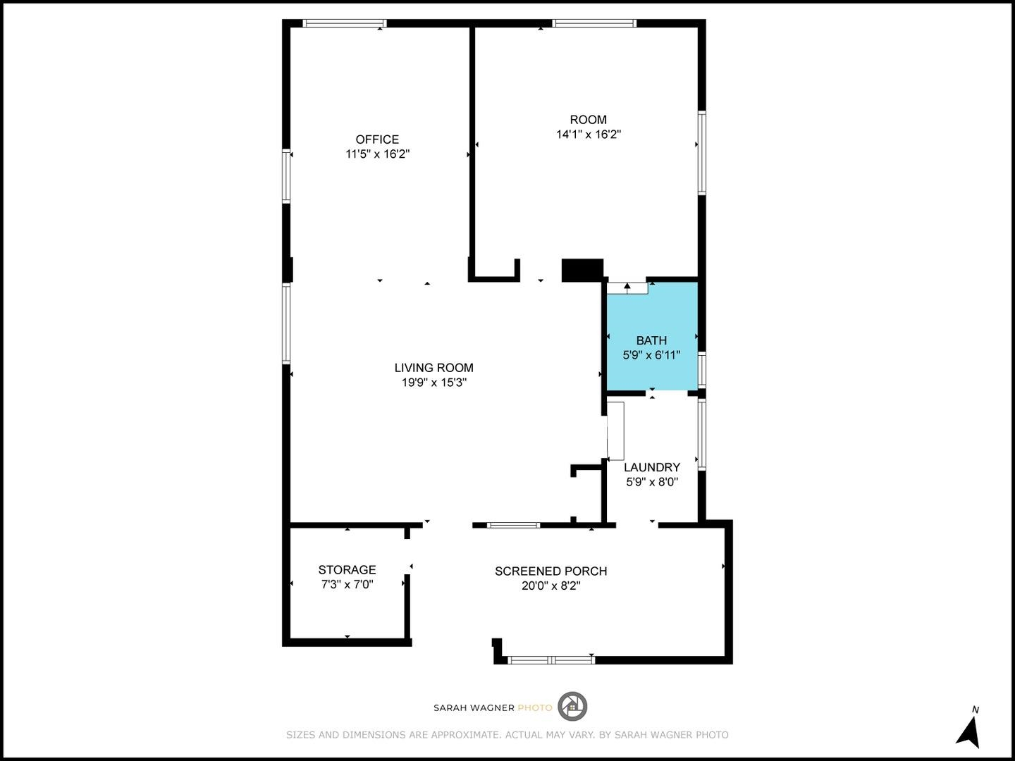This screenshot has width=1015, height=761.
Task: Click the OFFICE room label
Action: click(x=377, y=140)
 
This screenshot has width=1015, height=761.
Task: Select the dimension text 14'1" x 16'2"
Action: click(x=588, y=135)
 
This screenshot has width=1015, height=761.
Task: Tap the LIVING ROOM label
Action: click(x=433, y=368)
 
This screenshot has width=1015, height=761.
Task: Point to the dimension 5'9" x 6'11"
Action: click(x=651, y=355)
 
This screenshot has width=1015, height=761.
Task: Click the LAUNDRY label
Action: click(x=651, y=467)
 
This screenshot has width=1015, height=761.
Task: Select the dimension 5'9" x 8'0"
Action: click(x=651, y=482)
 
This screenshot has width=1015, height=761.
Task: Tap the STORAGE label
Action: click(x=347, y=570)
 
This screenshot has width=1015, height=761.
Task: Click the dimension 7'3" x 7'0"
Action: click(x=347, y=585)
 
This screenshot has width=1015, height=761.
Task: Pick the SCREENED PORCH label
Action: click(x=550, y=571)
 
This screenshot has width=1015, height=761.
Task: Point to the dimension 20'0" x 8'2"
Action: click(x=550, y=586)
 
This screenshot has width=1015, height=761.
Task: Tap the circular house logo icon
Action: click(x=572, y=707)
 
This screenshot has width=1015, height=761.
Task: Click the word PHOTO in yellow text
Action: click(x=535, y=707)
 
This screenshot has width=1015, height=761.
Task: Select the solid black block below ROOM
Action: click(x=582, y=270)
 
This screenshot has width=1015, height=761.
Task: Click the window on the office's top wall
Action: click(x=341, y=23)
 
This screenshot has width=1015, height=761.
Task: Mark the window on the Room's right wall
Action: click(x=701, y=152)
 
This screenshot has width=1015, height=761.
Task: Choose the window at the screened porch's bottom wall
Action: click(x=551, y=660)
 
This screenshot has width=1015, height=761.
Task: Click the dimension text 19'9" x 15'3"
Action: click(x=433, y=383)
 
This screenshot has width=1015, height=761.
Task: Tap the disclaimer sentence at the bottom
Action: click(x=507, y=735)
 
